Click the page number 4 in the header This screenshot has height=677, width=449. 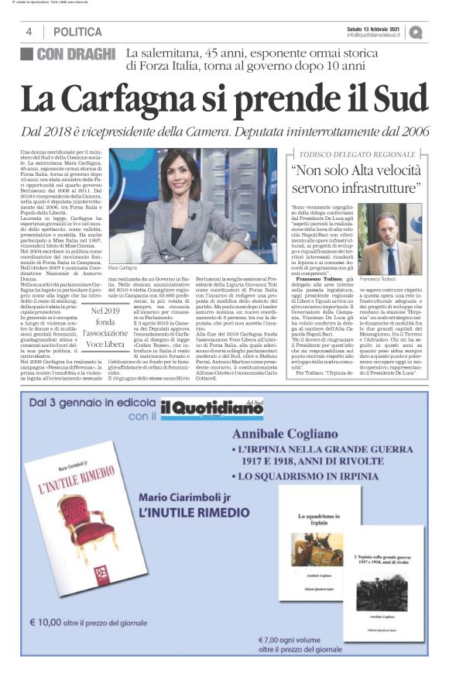click(28, 32)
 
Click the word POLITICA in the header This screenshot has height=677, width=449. click(77, 32)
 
